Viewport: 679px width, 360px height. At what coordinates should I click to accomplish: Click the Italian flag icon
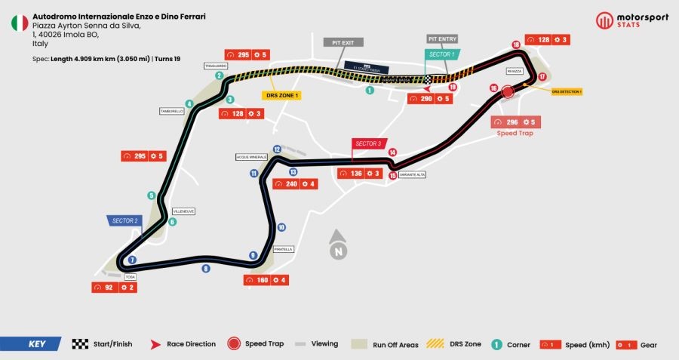pyautogui.click(x=19, y=23)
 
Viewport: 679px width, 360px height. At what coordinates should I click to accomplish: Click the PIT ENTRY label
pyautogui.click(x=441, y=38)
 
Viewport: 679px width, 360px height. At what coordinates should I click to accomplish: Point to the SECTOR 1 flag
pyautogui.click(x=442, y=54)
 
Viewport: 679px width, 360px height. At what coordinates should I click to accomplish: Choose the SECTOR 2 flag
pyautogui.click(x=124, y=220)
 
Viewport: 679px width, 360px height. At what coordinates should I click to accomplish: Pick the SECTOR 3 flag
pyautogui.click(x=367, y=143)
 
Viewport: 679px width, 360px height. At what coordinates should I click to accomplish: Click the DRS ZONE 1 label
pyautogui.click(x=281, y=96)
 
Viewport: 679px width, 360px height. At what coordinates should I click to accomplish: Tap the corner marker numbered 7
pyautogui.click(x=132, y=260)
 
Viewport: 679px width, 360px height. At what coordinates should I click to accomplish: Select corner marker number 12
pyautogui.click(x=277, y=149)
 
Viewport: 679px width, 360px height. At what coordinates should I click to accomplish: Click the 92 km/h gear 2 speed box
pyautogui.click(x=114, y=288)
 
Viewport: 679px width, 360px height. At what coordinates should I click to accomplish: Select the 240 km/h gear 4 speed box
pyautogui.click(x=295, y=183)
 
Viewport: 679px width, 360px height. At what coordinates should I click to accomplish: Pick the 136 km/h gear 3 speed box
pyautogui.click(x=359, y=174)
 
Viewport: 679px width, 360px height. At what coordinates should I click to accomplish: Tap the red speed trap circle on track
pyautogui.click(x=507, y=91)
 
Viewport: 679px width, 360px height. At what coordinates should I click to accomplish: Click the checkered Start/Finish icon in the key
pyautogui.click(x=80, y=344)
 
